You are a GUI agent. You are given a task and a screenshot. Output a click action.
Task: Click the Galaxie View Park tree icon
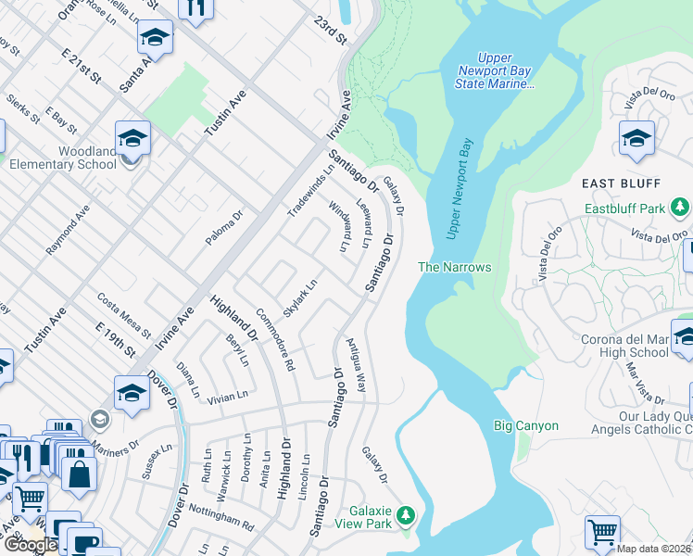pos(405,514)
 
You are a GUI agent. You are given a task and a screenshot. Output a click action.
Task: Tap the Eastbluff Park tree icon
pos(681,206)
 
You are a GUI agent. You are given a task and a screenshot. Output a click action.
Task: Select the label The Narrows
pos(454,267)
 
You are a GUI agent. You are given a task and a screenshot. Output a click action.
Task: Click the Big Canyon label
pos(525,425)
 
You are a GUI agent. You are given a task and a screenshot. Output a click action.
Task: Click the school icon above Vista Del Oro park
pos(636,139)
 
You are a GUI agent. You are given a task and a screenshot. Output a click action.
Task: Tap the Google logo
pos(30,546)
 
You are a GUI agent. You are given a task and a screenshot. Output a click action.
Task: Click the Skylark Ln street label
pos(301,298)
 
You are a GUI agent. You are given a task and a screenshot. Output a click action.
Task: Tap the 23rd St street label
pos(329,30)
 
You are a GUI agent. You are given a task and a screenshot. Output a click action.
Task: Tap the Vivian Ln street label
pos(227,396)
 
